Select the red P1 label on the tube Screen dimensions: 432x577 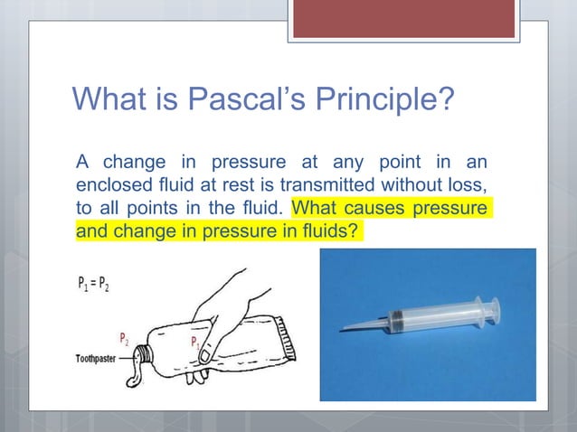tap(194, 342)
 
